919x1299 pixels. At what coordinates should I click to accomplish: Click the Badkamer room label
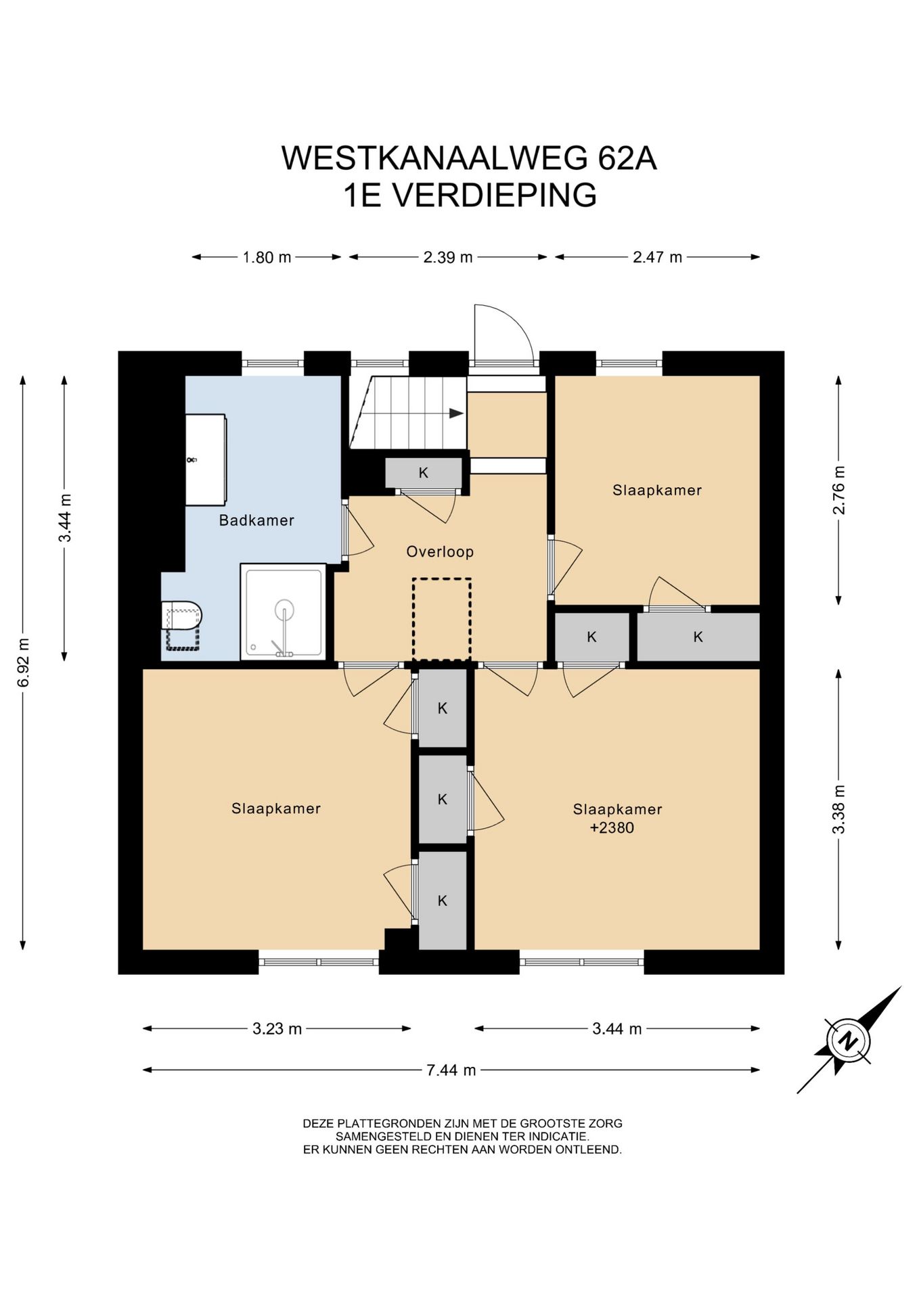coord(256,520)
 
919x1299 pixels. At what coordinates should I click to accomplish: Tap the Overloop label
coord(440,551)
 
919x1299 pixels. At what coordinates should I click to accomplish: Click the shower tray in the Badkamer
coord(284,612)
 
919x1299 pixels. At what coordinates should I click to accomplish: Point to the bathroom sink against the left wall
coord(206,459)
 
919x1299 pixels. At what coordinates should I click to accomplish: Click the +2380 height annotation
coord(612,827)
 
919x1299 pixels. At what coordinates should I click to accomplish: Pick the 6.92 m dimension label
coord(24,662)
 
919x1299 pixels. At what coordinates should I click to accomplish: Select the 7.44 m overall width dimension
coord(451,1070)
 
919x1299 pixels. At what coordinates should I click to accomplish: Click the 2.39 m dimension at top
coord(448,257)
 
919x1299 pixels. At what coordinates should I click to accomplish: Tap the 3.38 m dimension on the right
coord(839,809)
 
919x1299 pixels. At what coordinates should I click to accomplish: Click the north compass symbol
coord(849,1041)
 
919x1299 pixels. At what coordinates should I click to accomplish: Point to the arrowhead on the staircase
coord(457,413)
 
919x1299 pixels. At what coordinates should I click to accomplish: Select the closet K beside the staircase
coord(424,473)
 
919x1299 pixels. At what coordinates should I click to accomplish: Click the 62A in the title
coord(627,158)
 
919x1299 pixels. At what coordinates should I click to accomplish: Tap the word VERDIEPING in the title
coord(495,195)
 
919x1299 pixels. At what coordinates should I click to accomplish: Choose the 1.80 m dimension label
coord(267,257)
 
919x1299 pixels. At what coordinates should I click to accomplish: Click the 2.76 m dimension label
coord(839,490)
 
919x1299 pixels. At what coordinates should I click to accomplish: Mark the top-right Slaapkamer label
coord(657,490)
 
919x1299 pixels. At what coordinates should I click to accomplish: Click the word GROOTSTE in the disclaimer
coord(540,1123)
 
